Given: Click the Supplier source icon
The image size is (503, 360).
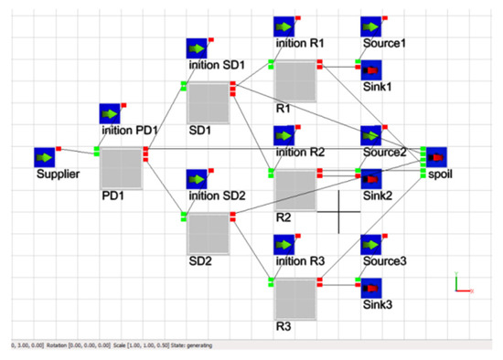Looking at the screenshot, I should pos(46,156).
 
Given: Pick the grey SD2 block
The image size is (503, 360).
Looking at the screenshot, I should pos(208,234).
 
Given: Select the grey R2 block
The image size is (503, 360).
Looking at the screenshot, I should pos(295,190).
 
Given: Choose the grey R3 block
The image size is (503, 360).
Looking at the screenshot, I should pos(295,298).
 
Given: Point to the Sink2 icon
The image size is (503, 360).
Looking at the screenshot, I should pos(371,179).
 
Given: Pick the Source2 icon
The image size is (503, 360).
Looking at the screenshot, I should pos(371,136).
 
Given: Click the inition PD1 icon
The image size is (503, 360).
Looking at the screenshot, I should pos(112,114).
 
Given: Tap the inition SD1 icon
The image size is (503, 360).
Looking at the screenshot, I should pos(198,48).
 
